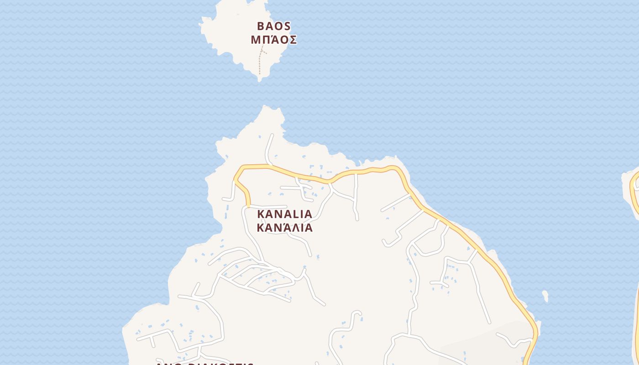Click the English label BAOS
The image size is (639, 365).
pos(274,26)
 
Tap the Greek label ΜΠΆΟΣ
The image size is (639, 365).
pos(274,40)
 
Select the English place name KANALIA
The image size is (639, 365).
pos(285,214)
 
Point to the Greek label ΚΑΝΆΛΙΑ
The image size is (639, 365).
pos(285,228)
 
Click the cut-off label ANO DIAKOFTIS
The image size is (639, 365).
pos(204,363)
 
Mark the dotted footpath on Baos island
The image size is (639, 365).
pos(260,62)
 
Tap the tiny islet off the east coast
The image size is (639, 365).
pos(545,296)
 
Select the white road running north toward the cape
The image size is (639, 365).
pos(269,148)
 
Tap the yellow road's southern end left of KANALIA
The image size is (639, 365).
pos(249,204)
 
